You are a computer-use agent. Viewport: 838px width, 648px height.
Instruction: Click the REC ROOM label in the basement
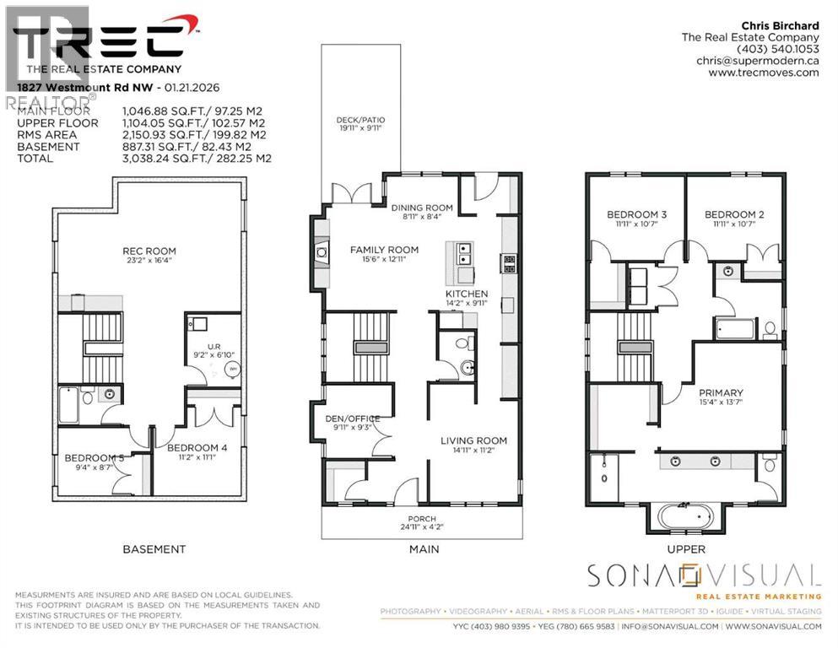(x=149, y=251)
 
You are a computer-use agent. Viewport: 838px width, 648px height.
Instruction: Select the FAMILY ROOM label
(x=384, y=250)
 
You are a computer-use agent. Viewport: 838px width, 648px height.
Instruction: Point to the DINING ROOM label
(x=422, y=208)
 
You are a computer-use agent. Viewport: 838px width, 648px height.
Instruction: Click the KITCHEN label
(x=467, y=293)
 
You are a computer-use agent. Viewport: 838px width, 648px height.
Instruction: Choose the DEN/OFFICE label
(x=353, y=418)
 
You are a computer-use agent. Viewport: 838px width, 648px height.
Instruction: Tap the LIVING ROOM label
(x=473, y=440)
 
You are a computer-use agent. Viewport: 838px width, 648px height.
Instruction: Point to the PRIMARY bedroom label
(x=721, y=392)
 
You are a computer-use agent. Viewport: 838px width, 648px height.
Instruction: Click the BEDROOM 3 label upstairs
(x=636, y=215)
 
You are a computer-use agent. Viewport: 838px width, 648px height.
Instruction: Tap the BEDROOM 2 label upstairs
(x=734, y=215)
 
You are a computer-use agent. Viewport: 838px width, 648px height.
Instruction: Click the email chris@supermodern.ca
(x=757, y=61)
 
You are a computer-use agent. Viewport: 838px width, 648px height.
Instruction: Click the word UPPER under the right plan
(x=685, y=549)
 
